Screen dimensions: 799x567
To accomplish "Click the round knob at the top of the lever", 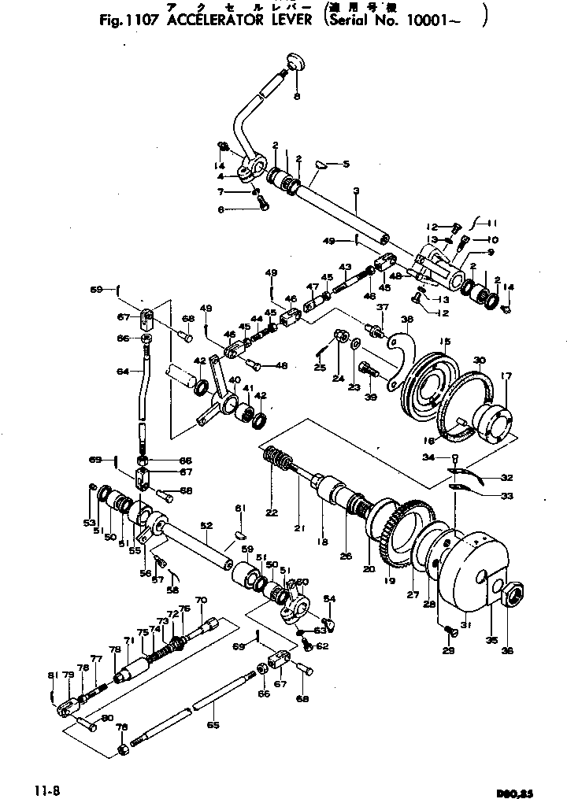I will [297, 61].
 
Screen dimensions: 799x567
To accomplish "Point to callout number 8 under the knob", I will [297, 96].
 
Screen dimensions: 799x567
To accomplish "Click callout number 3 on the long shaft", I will [355, 191].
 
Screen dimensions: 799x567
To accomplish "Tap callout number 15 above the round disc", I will [444, 341].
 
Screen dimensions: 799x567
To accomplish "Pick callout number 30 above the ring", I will [479, 361].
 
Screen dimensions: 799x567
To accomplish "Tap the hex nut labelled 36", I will [512, 597].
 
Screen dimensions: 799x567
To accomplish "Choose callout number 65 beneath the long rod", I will [210, 725].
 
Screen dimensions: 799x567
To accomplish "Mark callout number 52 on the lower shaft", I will [206, 525].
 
